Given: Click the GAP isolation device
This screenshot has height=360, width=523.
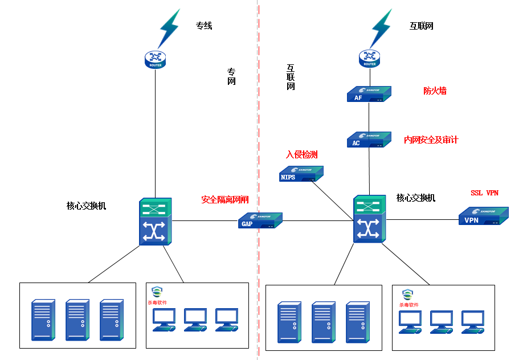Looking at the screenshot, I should click(x=260, y=220).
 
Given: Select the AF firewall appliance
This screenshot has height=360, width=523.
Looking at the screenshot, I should click(x=369, y=94).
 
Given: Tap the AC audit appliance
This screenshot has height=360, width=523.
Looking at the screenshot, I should click(x=369, y=140).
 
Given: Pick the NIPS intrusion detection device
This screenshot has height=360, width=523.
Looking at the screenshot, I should click(x=301, y=174).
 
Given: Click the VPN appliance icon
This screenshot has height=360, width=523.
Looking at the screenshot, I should click(x=483, y=216).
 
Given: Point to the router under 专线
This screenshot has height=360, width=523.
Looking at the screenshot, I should click(x=155, y=59).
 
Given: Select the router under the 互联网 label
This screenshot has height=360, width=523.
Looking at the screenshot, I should click(x=369, y=58).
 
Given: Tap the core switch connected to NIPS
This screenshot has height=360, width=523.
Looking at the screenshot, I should click(x=369, y=219).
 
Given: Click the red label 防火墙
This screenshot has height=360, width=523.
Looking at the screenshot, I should click(x=435, y=91).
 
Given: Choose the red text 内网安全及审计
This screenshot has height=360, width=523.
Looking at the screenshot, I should click(x=431, y=140).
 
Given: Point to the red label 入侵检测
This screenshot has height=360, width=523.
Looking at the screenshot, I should click(x=301, y=154).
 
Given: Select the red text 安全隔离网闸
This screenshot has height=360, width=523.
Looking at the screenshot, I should click(x=225, y=200).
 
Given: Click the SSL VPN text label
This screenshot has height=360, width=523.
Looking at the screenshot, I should click(x=484, y=193).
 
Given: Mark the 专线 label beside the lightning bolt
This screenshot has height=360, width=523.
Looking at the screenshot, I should click(x=204, y=26).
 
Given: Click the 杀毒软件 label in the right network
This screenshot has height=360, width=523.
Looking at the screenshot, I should click(x=409, y=305).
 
